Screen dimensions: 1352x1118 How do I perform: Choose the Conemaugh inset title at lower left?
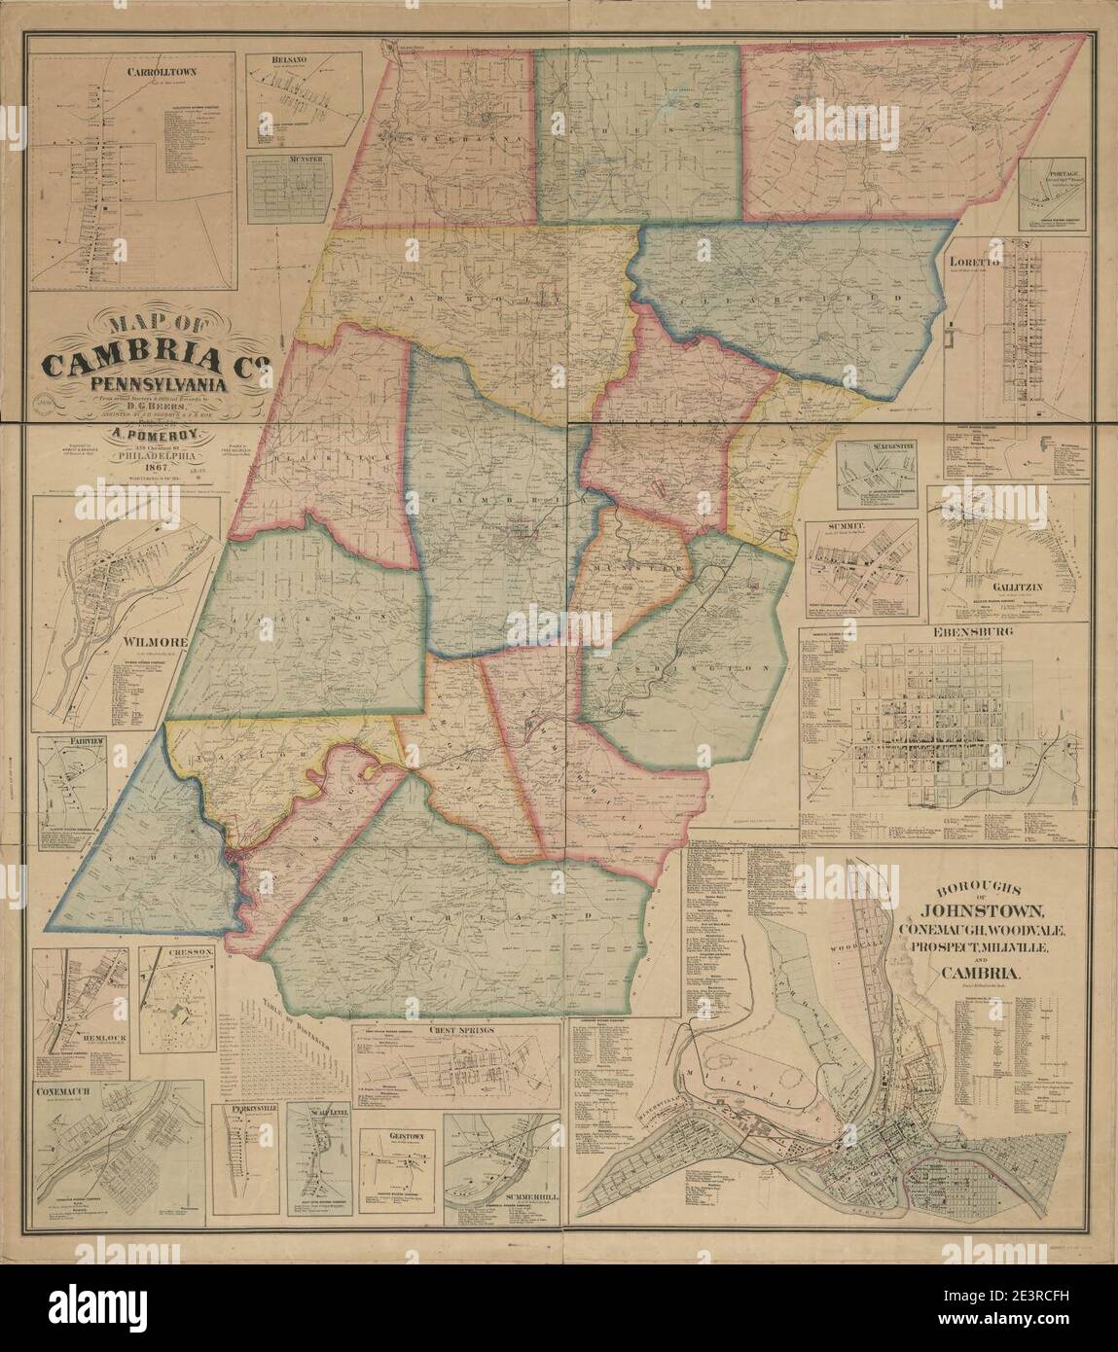click(x=63, y=1091)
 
